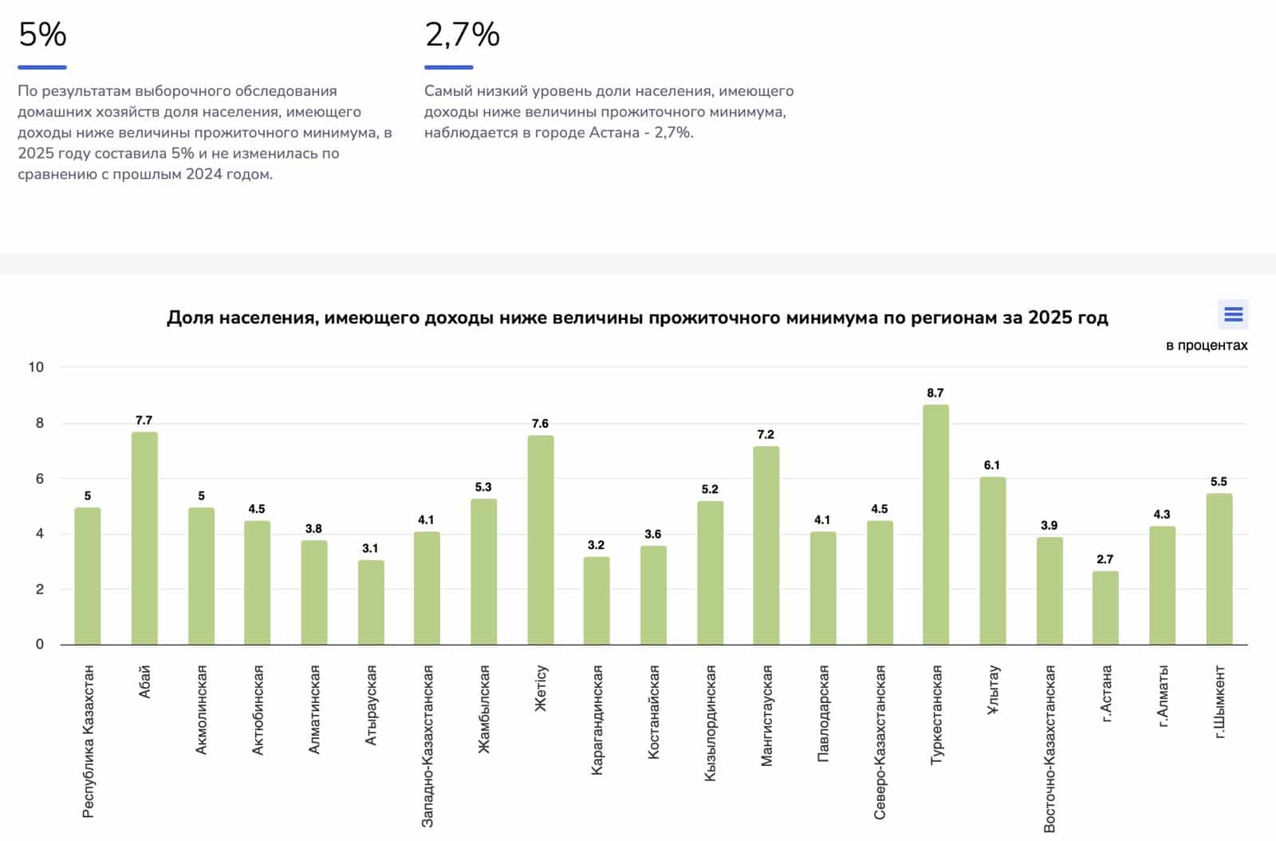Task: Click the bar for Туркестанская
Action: click(935, 524)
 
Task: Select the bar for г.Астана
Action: click(1105, 607)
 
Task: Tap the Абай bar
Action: click(144, 538)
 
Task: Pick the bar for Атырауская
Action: click(371, 602)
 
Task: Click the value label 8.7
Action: click(935, 393)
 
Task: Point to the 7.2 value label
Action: click(766, 434)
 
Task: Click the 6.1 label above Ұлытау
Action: click(992, 464)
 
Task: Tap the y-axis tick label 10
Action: click(36, 367)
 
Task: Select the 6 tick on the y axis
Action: click(40, 479)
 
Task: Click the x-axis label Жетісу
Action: click(541, 688)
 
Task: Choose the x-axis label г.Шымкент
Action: click(1219, 701)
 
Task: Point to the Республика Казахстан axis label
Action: click(89, 741)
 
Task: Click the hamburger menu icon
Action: click(1233, 314)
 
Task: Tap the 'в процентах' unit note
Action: click(1206, 345)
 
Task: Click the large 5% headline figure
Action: click(42, 34)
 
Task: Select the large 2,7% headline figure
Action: click(462, 34)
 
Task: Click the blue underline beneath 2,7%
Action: click(448, 67)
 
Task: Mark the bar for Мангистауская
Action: click(766, 545)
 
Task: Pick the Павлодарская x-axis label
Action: click(823, 713)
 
